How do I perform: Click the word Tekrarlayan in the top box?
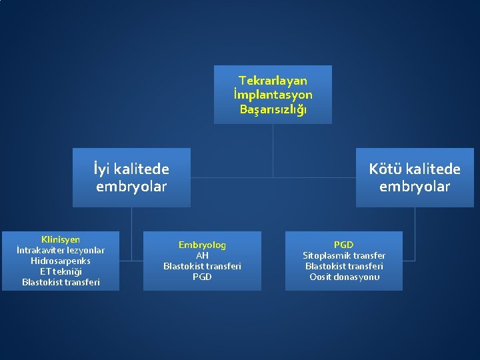tap(273, 81)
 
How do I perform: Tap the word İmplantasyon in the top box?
tap(273, 95)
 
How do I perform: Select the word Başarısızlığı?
tap(273, 109)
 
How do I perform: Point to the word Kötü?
tap(385, 169)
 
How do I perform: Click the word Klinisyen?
tap(61, 239)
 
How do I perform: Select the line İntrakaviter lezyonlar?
tap(61, 250)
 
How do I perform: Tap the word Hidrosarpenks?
tap(61, 261)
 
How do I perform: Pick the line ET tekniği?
tap(61, 271)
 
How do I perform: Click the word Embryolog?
tap(202, 245)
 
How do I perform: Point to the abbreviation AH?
tap(202, 255)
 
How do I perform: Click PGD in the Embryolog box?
tap(202, 277)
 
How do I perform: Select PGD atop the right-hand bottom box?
tap(344, 245)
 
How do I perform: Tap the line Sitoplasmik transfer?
tap(344, 255)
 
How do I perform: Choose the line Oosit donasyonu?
tap(344, 277)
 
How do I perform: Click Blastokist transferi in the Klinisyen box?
tap(61, 282)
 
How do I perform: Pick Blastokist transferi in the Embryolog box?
tap(202, 266)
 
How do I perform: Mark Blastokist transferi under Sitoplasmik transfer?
tap(344, 266)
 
